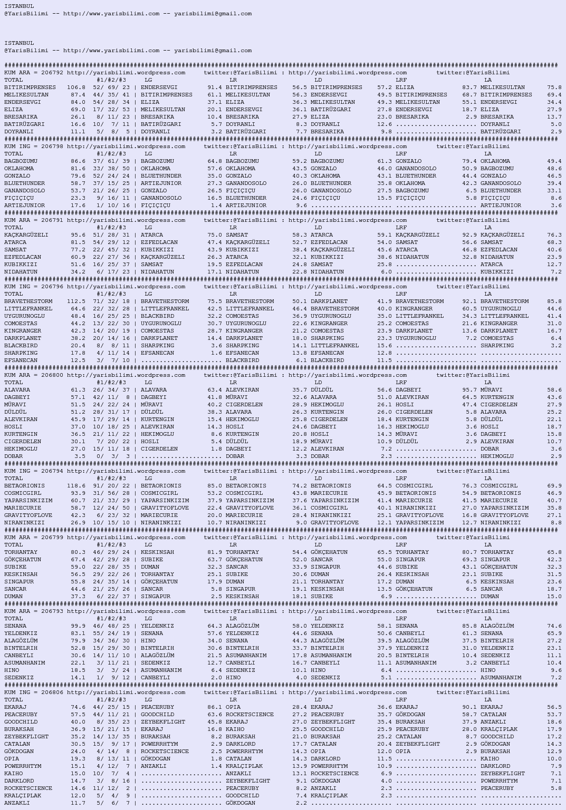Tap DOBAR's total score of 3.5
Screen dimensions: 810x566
(x=80, y=456)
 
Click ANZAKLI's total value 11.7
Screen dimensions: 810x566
(x=78, y=803)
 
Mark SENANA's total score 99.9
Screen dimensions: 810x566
(x=78, y=626)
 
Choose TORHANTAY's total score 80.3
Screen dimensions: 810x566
(x=78, y=552)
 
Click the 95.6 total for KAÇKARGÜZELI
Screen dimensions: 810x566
(x=78, y=235)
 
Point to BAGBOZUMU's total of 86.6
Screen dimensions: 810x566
(x=78, y=161)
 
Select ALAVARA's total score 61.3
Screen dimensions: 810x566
(x=78, y=390)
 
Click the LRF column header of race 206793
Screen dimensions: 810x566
(x=401, y=619)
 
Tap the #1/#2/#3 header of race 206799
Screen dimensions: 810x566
(x=111, y=545)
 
